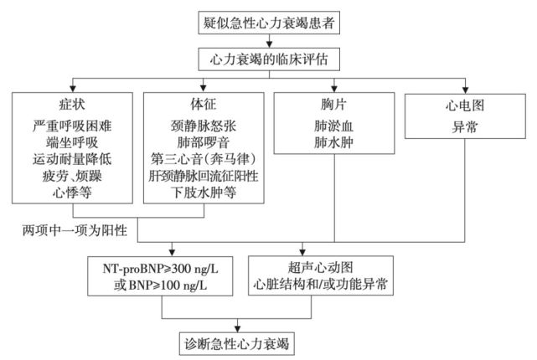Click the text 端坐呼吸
click(x=72, y=141)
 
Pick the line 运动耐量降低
click(x=72, y=158)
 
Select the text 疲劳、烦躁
click(x=72, y=175)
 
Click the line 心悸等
click(x=72, y=192)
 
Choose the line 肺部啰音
click(x=204, y=141)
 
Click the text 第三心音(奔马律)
click(x=204, y=158)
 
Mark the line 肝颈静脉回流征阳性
click(x=204, y=175)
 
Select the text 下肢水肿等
click(x=204, y=192)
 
